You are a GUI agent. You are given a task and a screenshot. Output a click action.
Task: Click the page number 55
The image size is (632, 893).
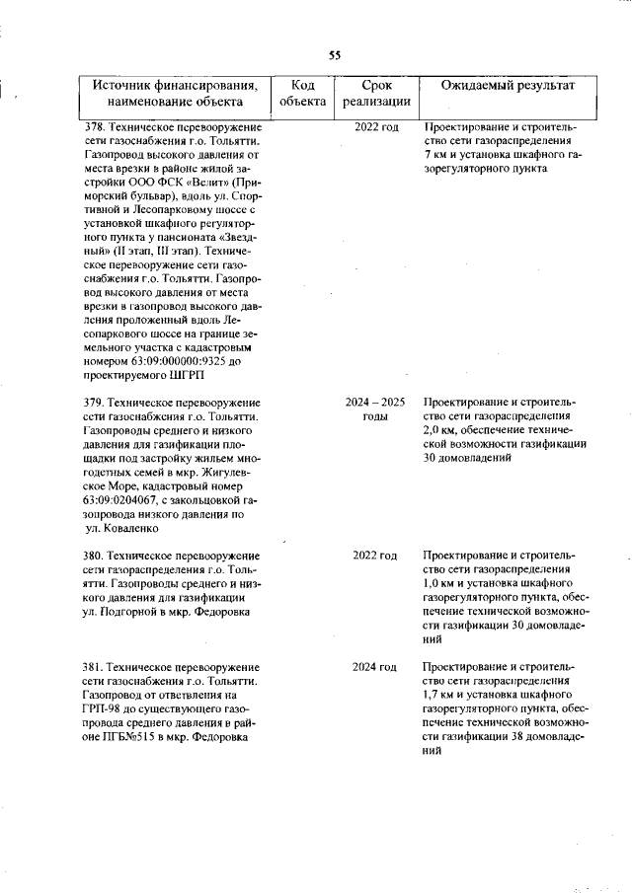coord(335,54)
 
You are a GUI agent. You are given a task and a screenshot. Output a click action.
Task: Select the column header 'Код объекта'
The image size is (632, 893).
coord(303,93)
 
